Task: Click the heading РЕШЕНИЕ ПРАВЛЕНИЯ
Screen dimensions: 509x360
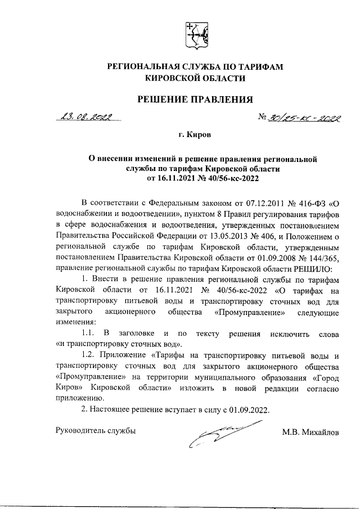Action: point(195,100)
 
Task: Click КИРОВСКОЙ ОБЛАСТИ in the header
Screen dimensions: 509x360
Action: point(195,79)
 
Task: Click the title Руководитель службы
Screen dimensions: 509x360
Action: point(96,431)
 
